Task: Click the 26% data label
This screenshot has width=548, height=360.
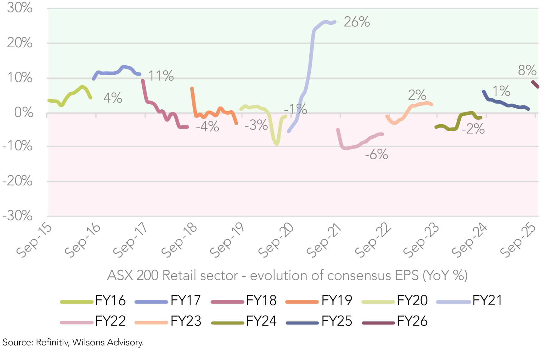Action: click(357, 22)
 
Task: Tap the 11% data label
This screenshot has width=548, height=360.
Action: click(161, 76)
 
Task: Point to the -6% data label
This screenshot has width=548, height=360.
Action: click(377, 154)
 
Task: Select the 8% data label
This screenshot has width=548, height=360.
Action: click(527, 70)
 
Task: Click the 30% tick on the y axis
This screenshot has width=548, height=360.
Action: click(20, 8)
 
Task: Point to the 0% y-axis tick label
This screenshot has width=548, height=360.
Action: click(24, 112)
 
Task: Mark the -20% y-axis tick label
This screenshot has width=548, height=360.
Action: click(17, 181)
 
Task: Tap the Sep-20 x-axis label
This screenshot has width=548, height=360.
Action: click(276, 241)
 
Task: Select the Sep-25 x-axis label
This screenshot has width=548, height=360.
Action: click(518, 241)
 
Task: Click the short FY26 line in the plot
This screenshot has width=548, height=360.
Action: click(535, 84)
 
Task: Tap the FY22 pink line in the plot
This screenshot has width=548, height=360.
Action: click(356, 146)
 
